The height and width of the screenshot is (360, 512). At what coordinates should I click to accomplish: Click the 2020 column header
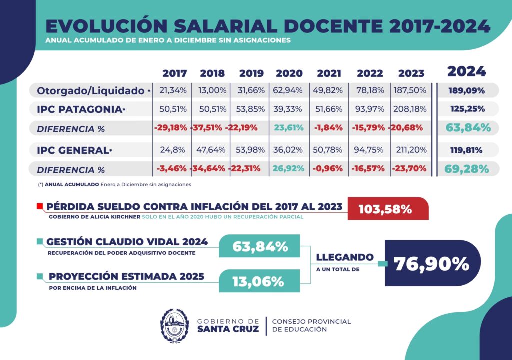pyautogui.click(x=289, y=73)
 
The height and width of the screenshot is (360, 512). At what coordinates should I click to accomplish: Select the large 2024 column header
pyautogui.click(x=466, y=71)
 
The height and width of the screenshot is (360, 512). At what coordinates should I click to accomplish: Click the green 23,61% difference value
pyautogui.click(x=288, y=128)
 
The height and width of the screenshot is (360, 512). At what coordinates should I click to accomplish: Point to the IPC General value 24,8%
pyautogui.click(x=173, y=150)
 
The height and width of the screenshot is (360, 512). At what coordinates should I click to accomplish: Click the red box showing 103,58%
pyautogui.click(x=388, y=209)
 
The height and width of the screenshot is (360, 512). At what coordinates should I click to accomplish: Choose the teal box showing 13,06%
pyautogui.click(x=258, y=281)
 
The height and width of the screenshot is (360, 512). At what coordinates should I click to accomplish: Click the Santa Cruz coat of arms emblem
pyautogui.click(x=175, y=326)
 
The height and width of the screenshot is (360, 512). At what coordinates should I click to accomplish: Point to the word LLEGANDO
pyautogui.click(x=345, y=257)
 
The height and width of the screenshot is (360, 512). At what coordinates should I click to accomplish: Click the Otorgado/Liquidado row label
pyautogui.click(x=90, y=91)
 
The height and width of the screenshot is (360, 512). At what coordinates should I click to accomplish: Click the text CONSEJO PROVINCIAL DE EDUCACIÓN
pyautogui.click(x=311, y=325)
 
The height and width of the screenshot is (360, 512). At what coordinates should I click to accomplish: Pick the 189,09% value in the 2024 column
pyautogui.click(x=466, y=91)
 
